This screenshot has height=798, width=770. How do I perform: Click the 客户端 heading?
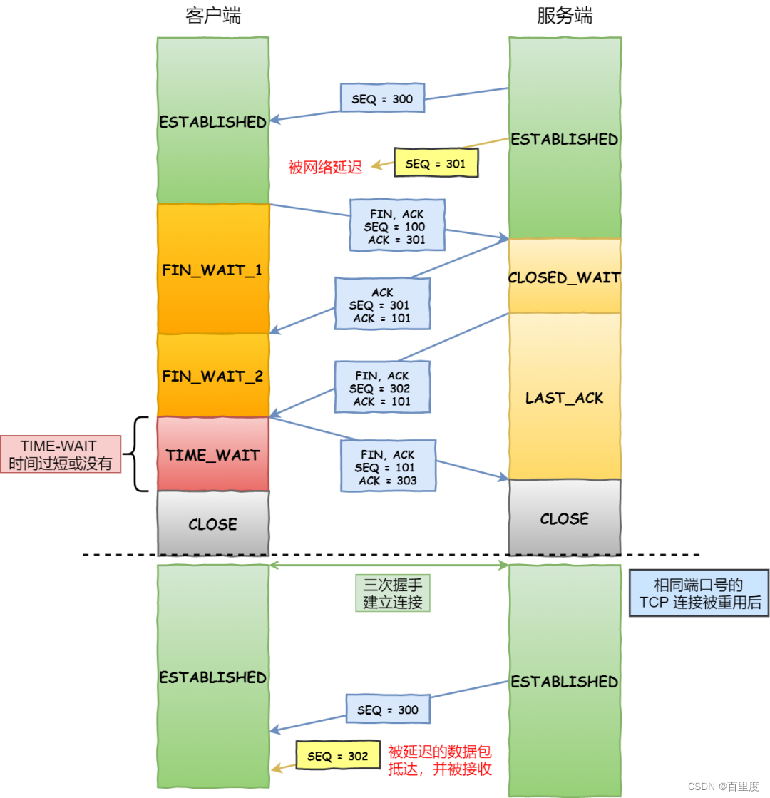212,16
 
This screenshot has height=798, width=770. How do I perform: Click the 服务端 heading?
564,16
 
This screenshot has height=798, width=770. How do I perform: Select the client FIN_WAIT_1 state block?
212,270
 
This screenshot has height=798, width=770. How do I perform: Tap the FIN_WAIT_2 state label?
212,376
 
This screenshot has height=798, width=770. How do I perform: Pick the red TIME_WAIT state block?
212,455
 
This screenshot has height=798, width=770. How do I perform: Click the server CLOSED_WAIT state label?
564,277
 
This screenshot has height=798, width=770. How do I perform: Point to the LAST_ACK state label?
564,398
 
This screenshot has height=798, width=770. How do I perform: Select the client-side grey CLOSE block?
212,523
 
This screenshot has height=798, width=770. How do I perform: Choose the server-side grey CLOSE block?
564,518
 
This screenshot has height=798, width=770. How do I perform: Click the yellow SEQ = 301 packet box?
435,163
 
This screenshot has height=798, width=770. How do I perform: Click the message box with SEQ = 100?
396,226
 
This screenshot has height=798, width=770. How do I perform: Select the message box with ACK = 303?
388,467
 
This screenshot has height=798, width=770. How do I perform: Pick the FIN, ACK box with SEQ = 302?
382,388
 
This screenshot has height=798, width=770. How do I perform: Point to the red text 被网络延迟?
324,167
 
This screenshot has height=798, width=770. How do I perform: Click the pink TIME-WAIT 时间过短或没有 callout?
61,454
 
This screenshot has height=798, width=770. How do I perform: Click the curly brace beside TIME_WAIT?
139,454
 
